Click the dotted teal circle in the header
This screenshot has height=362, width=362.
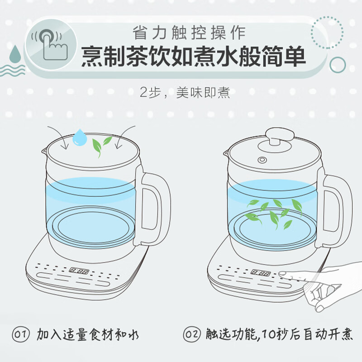coord(327,32)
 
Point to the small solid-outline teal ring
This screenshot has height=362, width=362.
coord(338,65)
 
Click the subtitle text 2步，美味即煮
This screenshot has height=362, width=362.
coord(185,93)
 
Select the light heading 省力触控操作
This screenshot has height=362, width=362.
coord(189,33)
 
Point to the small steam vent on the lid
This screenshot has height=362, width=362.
coord(262,160)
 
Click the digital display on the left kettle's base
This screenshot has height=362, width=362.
coord(79,271)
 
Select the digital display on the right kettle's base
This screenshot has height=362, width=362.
coord(261,273)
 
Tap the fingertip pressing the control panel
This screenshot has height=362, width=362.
coord(283,274)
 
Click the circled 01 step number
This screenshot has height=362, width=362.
coord(21,334)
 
